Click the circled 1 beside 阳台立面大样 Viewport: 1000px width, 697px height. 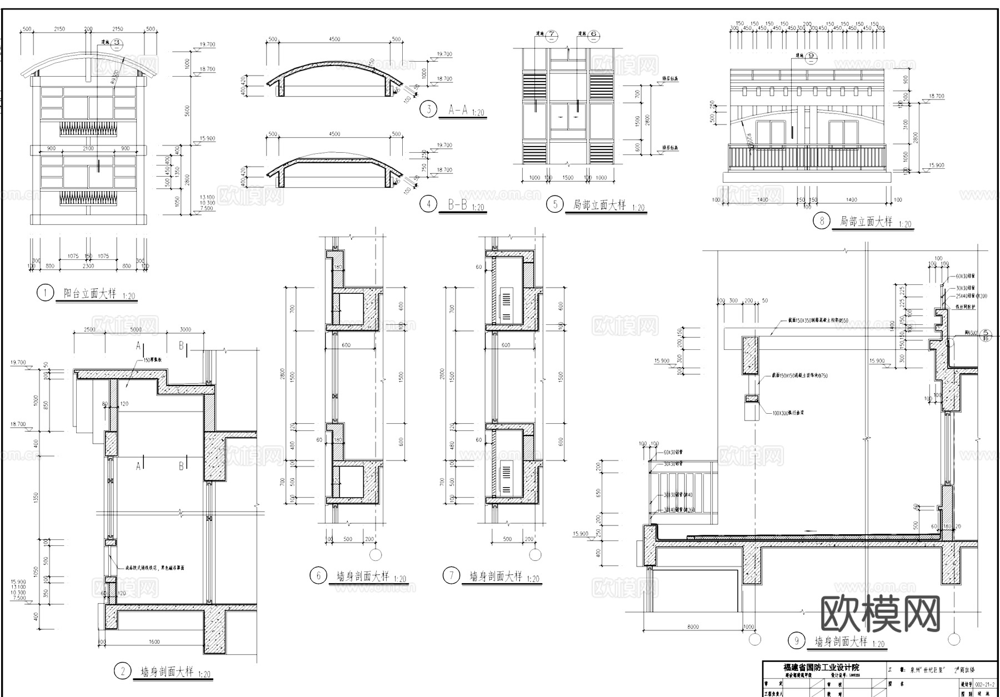pos(44,293)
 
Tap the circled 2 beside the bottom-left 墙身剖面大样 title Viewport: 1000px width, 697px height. pos(123,671)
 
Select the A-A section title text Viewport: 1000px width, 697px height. pos(459,110)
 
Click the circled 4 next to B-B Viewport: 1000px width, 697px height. pos(428,204)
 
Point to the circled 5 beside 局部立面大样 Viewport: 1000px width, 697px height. pos(554,204)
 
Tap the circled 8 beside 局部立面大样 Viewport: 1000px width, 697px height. pos(822,221)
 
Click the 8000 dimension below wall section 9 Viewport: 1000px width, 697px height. pos(693,626)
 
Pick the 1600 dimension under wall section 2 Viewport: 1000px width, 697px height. pos(154,641)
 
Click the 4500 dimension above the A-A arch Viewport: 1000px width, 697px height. pos(334,39)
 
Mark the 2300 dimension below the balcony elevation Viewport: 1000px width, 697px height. pos(88,267)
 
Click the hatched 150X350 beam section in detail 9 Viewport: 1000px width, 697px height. pos(751,355)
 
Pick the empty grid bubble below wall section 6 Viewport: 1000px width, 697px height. pos(376,554)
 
